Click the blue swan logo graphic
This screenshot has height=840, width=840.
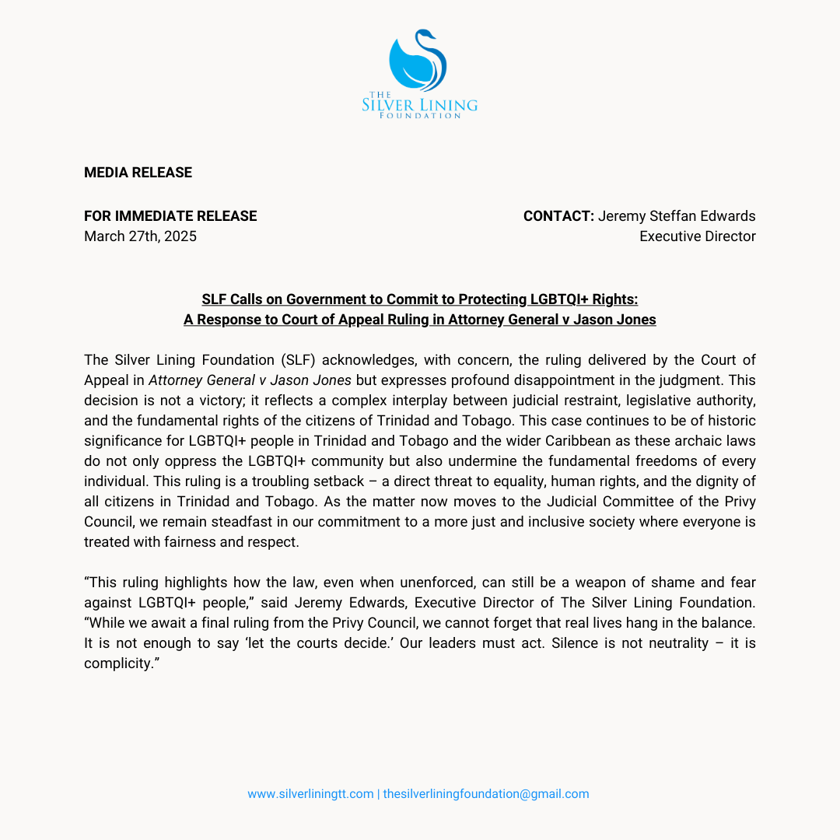[418, 61]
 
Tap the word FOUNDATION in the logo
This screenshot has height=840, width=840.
[420, 116]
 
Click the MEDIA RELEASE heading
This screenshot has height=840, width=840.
[138, 173]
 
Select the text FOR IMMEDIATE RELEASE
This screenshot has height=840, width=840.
[170, 216]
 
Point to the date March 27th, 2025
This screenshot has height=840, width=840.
[140, 236]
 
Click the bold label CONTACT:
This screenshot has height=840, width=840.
[558, 216]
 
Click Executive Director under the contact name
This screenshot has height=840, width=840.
[697, 236]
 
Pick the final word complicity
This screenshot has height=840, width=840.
[115, 663]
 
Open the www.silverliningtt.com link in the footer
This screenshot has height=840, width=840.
[310, 794]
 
